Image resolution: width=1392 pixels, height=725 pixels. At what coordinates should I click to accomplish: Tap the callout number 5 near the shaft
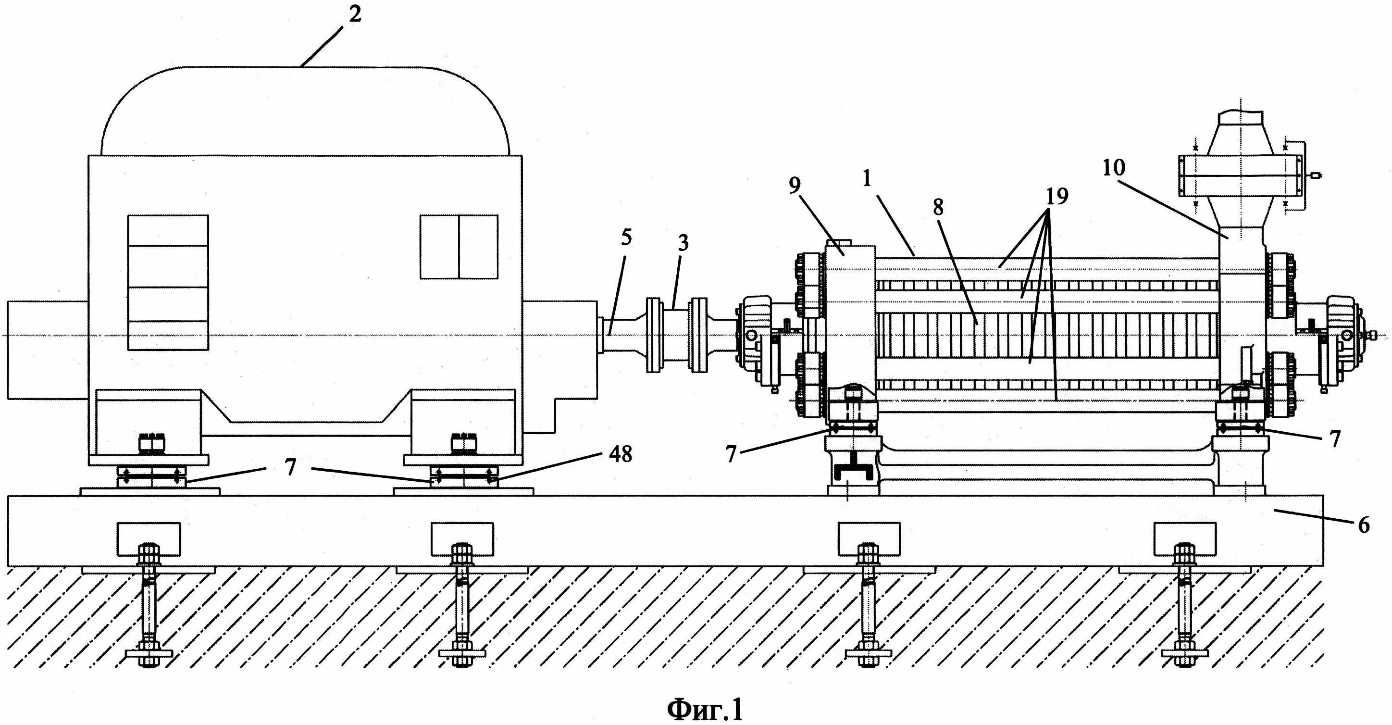pos(626,237)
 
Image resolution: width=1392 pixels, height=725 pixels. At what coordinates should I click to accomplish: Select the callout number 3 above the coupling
pos(683,243)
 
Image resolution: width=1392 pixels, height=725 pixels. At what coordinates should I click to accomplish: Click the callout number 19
pos(1057,197)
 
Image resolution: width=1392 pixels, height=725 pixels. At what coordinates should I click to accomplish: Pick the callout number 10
pos(1113,168)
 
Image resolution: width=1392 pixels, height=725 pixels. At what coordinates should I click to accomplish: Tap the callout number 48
pos(621,455)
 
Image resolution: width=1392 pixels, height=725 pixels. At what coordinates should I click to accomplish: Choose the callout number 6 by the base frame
pos(1363,525)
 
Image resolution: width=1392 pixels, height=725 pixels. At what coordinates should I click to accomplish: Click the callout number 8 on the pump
pos(938,207)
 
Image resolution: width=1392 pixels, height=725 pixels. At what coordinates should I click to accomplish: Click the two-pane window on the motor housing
pos(459,247)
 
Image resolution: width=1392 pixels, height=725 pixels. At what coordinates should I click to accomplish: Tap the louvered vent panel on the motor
pos(168,282)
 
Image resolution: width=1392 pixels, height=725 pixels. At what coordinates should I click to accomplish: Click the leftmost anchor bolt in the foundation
pos(149,605)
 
